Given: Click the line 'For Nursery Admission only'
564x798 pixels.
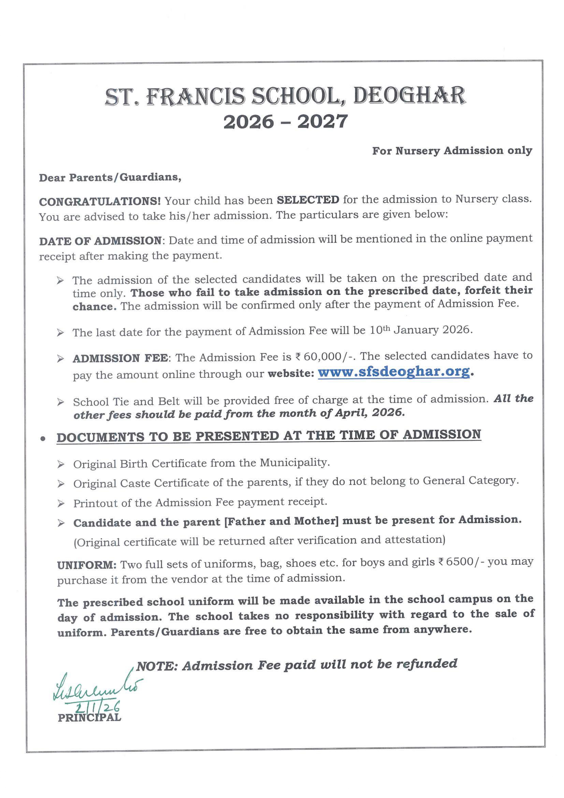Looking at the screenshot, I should click(x=452, y=151).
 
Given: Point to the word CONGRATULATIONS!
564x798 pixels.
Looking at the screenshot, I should click(x=100, y=202).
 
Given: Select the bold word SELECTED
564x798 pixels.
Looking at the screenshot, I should click(x=308, y=200).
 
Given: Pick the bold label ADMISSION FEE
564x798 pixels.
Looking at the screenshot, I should click(x=120, y=358).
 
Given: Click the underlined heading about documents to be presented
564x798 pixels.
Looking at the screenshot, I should click(x=269, y=436).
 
